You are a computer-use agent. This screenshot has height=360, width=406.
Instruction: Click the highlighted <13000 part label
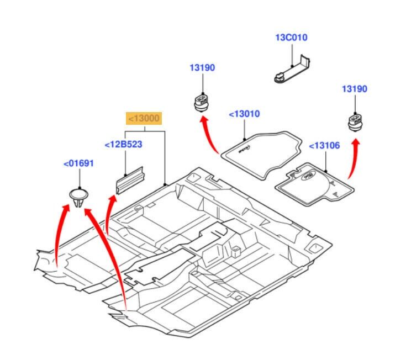click(145, 118)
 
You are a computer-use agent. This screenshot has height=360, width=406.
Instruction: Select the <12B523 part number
click(123, 145)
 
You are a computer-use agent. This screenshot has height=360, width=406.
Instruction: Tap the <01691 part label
click(78, 163)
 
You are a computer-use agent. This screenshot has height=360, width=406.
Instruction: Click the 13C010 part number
click(291, 38)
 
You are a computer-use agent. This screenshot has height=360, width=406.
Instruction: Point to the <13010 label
click(244, 114)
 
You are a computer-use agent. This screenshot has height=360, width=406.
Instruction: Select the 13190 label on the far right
click(354, 89)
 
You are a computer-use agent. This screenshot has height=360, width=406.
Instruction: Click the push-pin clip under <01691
click(78, 198)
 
